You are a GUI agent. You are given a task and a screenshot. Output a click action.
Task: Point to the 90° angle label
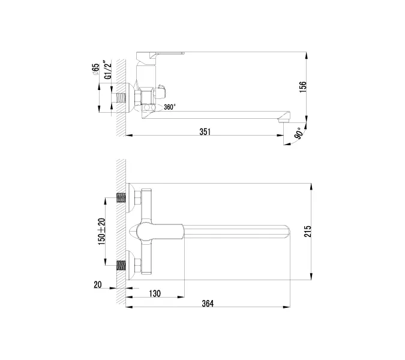298,135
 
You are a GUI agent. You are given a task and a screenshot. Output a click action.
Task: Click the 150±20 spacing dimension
102,230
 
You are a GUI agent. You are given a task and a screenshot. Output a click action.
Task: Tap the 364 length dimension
208,304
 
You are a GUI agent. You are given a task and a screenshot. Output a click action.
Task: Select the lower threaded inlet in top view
121,264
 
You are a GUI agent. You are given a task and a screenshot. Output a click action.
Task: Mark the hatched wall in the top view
121,231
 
